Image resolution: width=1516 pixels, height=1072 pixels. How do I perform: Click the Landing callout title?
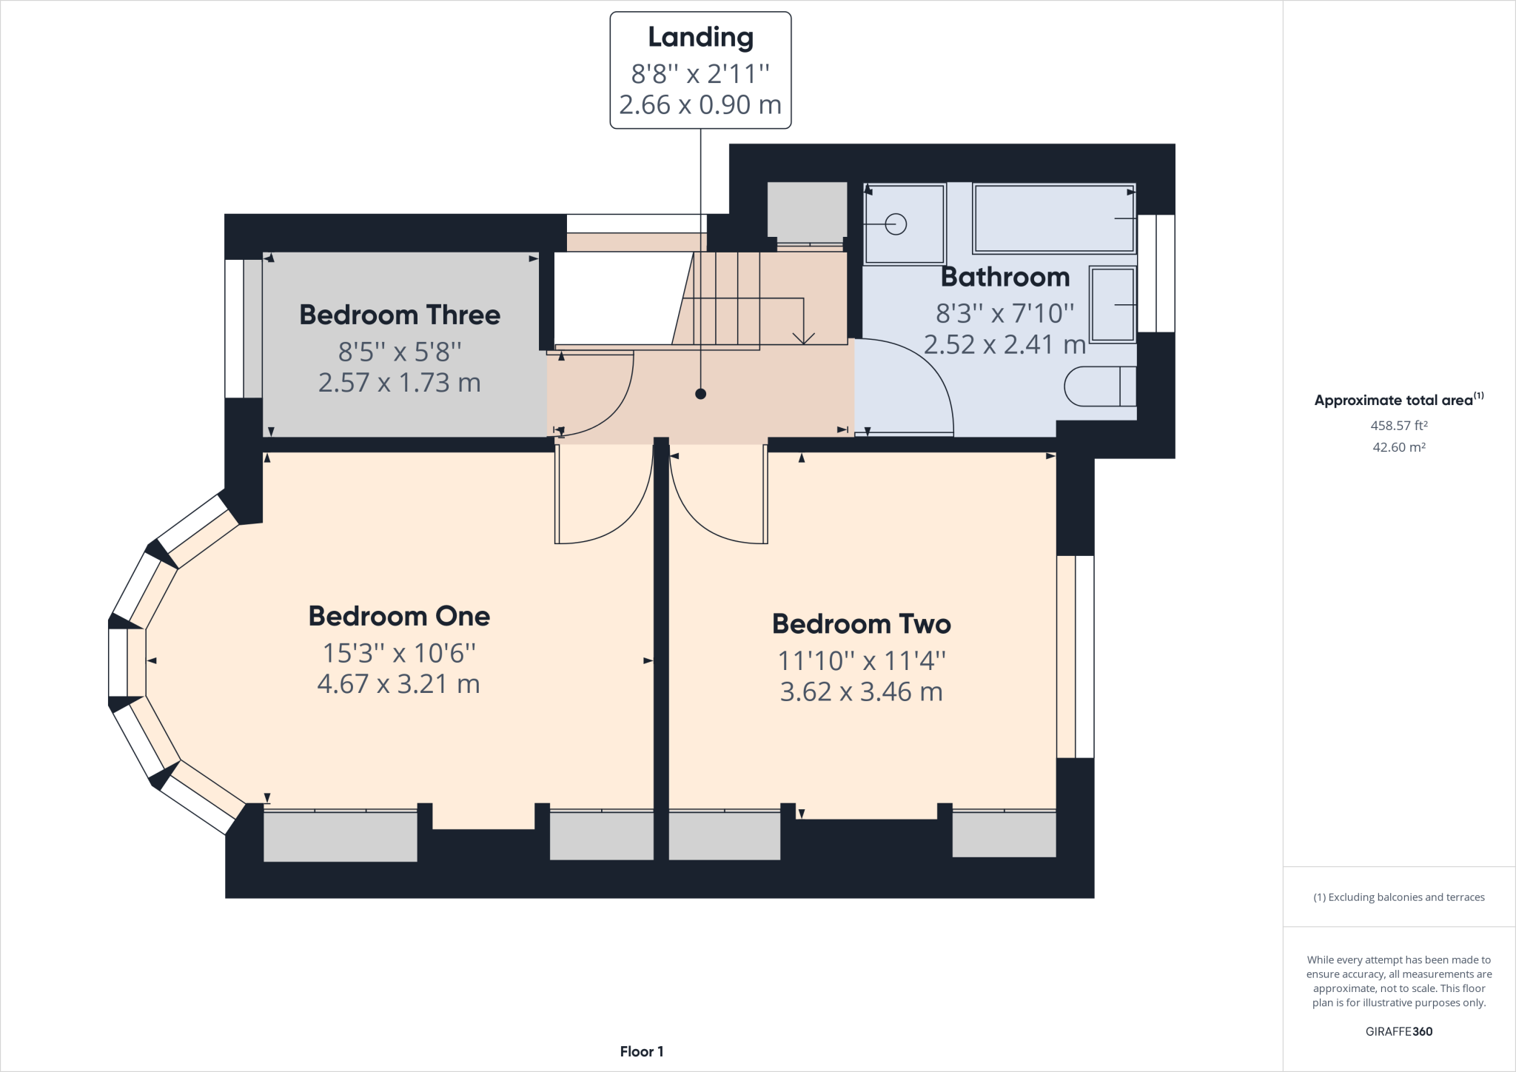[700, 38]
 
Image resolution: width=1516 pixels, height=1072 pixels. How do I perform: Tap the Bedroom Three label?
[400, 315]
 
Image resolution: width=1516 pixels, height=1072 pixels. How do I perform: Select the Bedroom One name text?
[399, 616]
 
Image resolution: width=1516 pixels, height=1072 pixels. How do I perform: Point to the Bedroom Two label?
[862, 623]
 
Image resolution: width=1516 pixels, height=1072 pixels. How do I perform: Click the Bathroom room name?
[1005, 277]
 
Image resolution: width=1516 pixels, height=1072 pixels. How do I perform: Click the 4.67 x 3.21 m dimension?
[399, 683]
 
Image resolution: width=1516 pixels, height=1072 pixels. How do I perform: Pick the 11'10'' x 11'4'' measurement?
[862, 660]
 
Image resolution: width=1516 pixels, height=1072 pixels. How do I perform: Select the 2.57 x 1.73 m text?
[400, 382]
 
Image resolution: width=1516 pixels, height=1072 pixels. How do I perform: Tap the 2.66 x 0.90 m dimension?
[700, 104]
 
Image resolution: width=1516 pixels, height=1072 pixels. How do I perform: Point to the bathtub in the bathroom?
[1054, 218]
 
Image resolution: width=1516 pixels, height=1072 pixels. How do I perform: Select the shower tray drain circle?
[896, 224]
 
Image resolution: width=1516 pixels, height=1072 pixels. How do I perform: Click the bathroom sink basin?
[1113, 304]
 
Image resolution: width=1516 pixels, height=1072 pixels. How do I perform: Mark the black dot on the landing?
[700, 394]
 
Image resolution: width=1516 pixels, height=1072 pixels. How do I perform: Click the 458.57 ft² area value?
[1399, 426]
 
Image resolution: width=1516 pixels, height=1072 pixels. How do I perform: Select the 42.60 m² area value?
[1399, 447]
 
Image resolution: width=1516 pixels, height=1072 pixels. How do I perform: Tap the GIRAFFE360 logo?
[1399, 1031]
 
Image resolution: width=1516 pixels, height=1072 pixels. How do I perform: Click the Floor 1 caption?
[642, 1051]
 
